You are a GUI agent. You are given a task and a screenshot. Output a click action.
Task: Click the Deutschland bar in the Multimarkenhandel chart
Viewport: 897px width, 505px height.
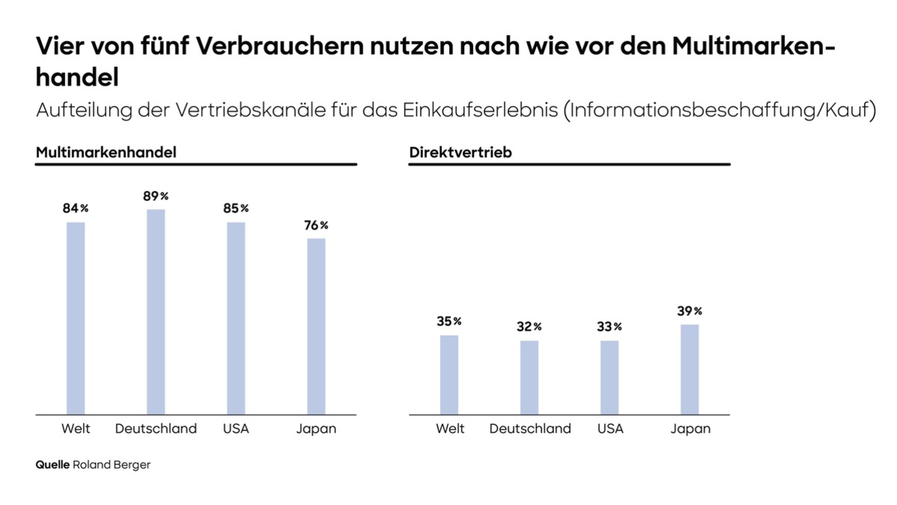tap(155, 311)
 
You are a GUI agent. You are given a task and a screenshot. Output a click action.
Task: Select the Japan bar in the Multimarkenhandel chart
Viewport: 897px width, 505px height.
tap(316, 326)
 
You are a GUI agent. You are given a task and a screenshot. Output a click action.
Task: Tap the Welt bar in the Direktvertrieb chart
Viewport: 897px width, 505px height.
tap(449, 374)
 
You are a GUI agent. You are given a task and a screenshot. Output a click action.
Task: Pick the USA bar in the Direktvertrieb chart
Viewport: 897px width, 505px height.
tap(609, 377)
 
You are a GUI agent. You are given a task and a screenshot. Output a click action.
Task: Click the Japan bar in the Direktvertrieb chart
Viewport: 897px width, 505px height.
tap(689, 369)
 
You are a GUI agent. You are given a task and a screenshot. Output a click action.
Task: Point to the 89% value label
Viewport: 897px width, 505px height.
tap(155, 197)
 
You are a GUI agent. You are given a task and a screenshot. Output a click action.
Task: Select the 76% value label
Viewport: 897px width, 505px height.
tap(315, 225)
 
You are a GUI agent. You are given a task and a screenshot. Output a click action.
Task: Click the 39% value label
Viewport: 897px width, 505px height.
tap(688, 311)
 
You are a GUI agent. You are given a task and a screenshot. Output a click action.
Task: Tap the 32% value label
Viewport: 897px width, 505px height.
tap(528, 327)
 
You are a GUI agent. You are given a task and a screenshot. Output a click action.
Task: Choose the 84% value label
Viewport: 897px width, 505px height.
tap(75, 209)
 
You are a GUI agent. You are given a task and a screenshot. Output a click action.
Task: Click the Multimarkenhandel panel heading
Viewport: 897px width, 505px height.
tap(106, 153)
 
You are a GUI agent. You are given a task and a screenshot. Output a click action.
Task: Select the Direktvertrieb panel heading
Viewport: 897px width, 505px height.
tap(460, 153)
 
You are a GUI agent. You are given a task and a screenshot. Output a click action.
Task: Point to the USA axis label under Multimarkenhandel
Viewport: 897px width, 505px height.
tap(235, 429)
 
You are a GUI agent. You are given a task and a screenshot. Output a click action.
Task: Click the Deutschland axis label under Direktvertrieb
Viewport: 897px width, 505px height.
tap(530, 429)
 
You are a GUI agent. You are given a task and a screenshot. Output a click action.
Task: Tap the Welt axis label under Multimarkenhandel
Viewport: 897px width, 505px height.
tap(75, 429)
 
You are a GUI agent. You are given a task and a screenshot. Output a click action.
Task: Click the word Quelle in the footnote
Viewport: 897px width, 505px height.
tap(52, 465)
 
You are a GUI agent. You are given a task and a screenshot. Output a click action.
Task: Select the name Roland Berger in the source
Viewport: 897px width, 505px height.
tap(111, 465)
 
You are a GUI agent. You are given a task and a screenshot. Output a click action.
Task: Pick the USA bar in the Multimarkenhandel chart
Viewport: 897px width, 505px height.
tap(236, 318)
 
